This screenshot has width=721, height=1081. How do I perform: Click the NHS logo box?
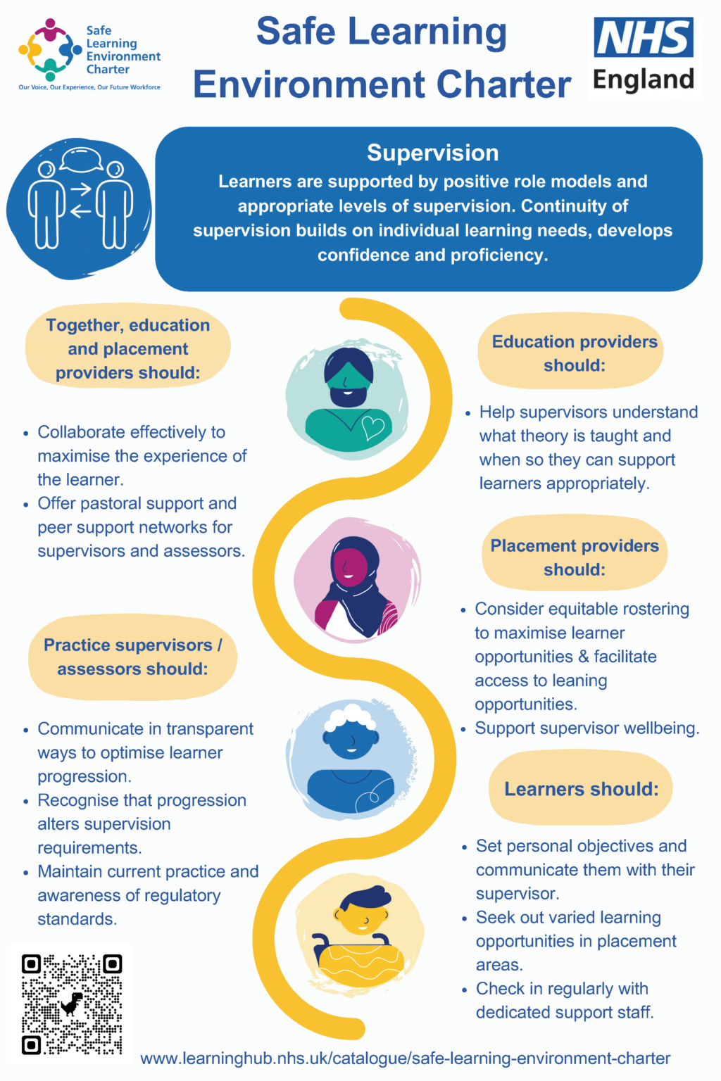pos(644,38)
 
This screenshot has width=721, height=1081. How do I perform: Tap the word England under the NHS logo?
pos(644,80)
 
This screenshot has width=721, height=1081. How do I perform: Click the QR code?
pos(71,1004)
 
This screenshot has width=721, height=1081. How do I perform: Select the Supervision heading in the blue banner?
pos(432,153)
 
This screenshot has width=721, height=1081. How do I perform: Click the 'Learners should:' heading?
pos(581,789)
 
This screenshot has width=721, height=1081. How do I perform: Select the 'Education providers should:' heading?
pos(574,353)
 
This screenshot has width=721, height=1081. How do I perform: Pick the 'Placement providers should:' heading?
pos(574,557)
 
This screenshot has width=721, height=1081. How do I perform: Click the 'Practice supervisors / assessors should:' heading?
pos(132,657)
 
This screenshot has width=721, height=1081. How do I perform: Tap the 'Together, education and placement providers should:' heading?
pos(128,349)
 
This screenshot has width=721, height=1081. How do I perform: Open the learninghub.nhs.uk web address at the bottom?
pos(405,1058)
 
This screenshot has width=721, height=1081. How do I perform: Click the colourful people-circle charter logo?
pos(50,49)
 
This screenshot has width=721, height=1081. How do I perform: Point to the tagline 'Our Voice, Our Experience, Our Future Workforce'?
pos(89,87)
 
